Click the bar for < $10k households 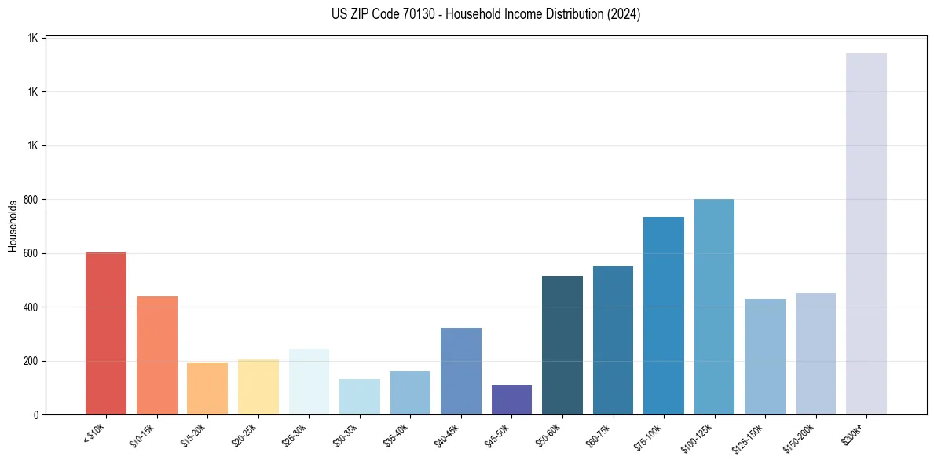[106, 333]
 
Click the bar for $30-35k [359, 397]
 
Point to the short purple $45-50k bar [511, 400]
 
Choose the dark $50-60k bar [562, 345]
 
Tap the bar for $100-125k [714, 307]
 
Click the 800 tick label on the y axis [31, 200]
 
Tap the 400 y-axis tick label [31, 307]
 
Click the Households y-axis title [13, 226]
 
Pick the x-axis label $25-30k [295, 436]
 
